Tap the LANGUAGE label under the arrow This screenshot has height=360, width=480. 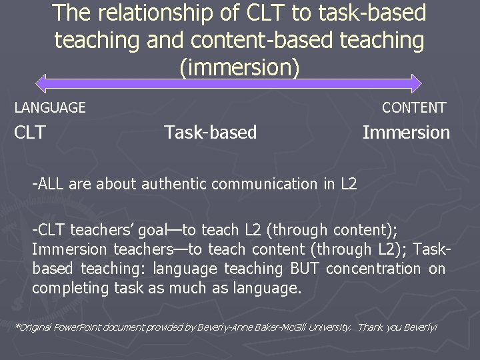pos(50,107)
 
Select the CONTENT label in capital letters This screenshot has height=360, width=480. pos(414,107)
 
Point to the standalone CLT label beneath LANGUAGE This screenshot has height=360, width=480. pos(30,133)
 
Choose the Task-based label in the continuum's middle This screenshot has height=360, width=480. pos(210,133)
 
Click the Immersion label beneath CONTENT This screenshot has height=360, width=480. pos(406,133)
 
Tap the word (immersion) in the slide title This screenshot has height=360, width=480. pos(240,67)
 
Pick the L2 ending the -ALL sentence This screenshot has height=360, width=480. pos(348,184)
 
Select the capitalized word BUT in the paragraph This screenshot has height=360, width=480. pos(305,269)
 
